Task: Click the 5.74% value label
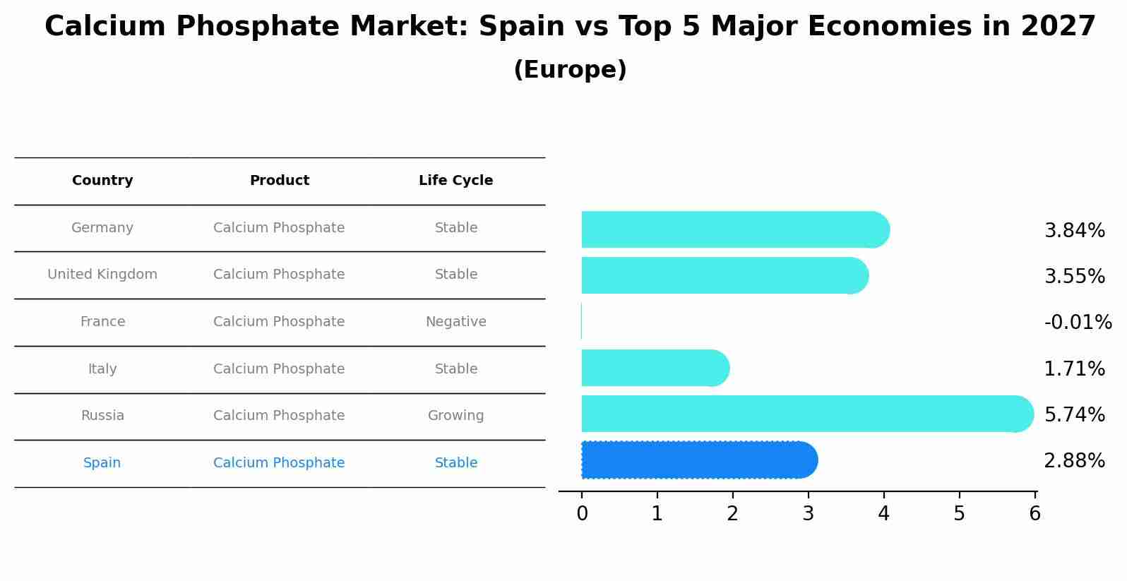click(x=1074, y=414)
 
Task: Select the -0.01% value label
click(x=1078, y=322)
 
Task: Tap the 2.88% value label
click(x=1074, y=461)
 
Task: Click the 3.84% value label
click(x=1074, y=231)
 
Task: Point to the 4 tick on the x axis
click(x=883, y=514)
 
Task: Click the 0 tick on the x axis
click(x=582, y=514)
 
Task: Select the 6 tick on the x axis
click(x=1034, y=514)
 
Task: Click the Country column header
click(x=102, y=181)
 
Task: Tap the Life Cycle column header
click(x=455, y=181)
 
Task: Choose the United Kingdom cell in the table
click(x=102, y=275)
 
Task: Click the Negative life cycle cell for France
click(x=455, y=322)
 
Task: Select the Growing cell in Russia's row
click(x=455, y=416)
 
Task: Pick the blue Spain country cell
click(x=102, y=463)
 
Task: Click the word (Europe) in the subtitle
click(x=570, y=70)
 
